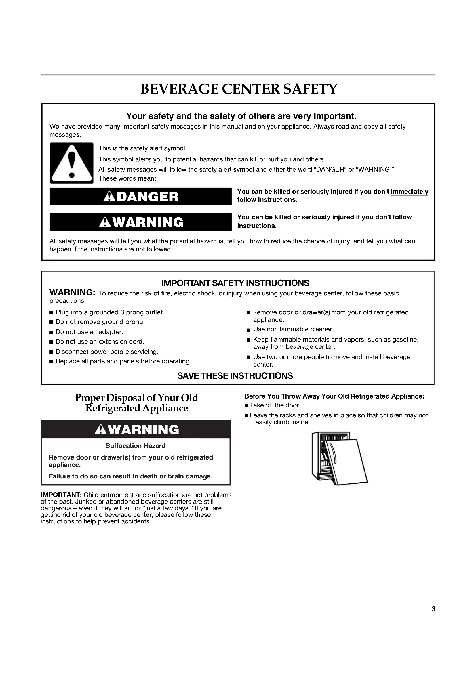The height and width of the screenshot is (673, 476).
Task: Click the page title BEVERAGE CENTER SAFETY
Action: (x=239, y=89)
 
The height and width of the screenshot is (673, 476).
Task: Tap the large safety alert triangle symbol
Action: (x=72, y=163)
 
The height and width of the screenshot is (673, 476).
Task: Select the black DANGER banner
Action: (x=141, y=197)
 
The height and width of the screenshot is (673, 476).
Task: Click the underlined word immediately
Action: (x=410, y=192)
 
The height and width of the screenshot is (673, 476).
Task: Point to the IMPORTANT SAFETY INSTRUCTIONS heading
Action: (x=235, y=283)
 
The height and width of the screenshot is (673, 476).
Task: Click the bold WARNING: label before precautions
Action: (x=72, y=293)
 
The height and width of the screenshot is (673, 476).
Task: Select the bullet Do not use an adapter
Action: (x=89, y=332)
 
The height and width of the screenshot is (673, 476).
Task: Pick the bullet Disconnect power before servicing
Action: (x=107, y=351)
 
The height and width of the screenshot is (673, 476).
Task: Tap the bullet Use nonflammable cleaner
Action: (x=293, y=329)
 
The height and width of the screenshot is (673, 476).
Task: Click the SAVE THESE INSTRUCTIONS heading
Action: (x=235, y=376)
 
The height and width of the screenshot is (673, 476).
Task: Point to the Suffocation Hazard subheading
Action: (x=136, y=445)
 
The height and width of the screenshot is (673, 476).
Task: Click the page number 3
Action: (x=433, y=609)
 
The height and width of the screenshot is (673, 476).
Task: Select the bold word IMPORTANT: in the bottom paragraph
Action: (x=61, y=495)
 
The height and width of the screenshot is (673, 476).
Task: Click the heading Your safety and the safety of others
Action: (x=241, y=116)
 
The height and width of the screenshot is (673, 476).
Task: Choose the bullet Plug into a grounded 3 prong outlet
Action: (x=110, y=312)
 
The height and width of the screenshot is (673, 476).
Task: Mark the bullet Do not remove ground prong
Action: (x=100, y=322)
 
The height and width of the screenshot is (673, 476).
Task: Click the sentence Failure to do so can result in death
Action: (x=130, y=476)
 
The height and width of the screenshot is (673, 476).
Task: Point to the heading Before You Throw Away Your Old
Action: (x=334, y=396)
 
